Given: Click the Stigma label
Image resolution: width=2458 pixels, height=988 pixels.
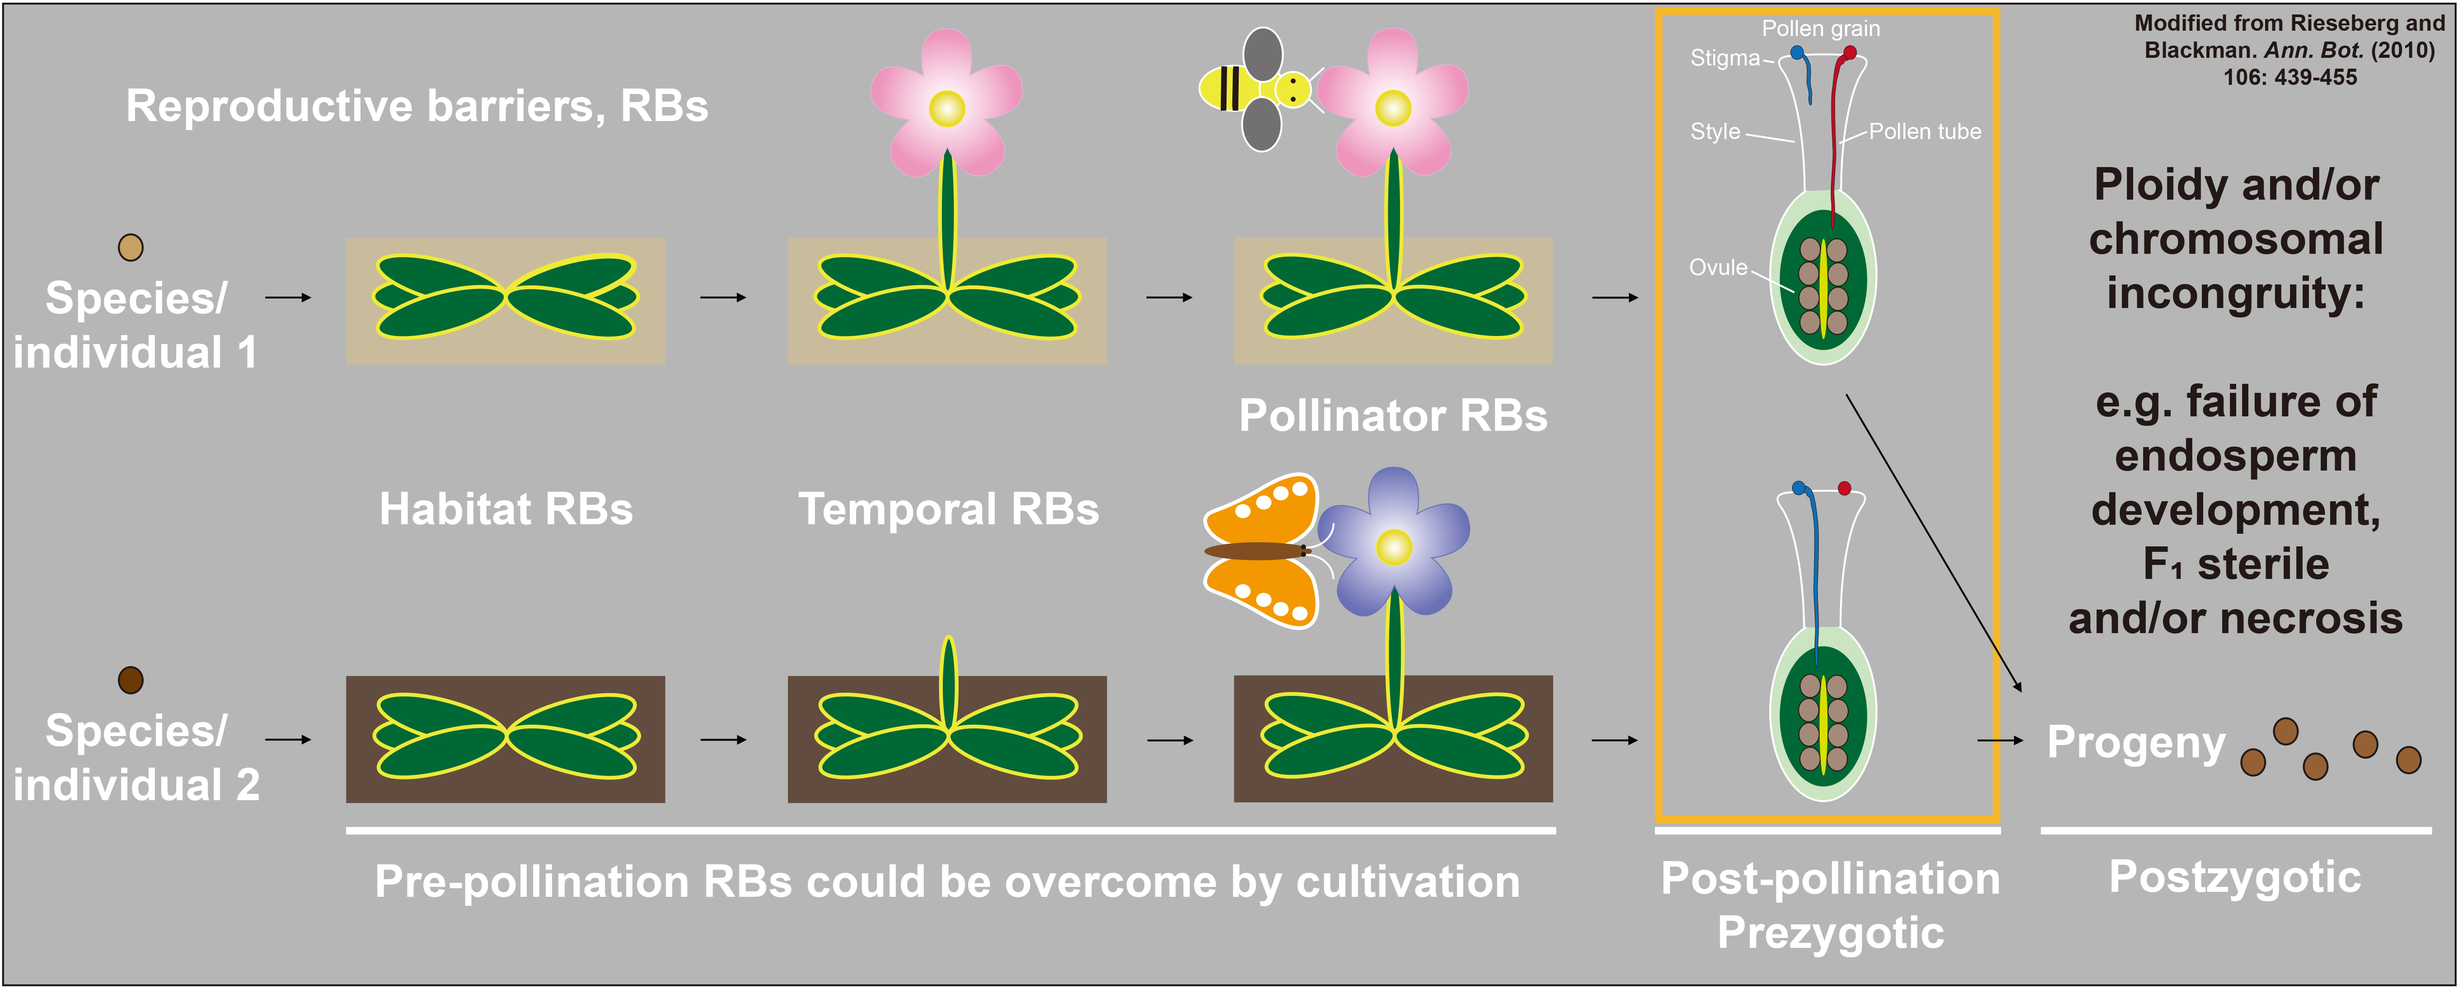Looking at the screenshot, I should tap(1724, 58).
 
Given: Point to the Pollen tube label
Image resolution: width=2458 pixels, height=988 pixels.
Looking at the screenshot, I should tap(1924, 131).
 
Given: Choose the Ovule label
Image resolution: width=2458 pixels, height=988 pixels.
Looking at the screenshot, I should tap(1718, 268).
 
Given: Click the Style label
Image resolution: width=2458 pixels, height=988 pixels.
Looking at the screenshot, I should tap(1715, 131).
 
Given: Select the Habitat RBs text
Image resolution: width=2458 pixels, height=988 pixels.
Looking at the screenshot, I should tap(506, 509).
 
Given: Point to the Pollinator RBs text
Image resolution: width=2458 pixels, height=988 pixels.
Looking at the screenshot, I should tap(1392, 416).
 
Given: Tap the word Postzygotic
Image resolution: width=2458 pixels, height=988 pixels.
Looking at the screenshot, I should tap(2235, 877).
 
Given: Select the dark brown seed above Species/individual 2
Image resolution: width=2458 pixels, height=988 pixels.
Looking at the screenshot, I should tap(131, 680).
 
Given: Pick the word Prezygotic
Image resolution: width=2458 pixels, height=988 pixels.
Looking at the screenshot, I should tap(1830, 933).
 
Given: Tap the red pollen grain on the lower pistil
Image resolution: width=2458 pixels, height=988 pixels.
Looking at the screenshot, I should tap(1845, 488).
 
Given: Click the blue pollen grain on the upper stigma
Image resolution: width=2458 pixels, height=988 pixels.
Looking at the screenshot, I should tap(1797, 52).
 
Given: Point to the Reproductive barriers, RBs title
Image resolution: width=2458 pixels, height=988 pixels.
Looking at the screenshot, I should tap(417, 106).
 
